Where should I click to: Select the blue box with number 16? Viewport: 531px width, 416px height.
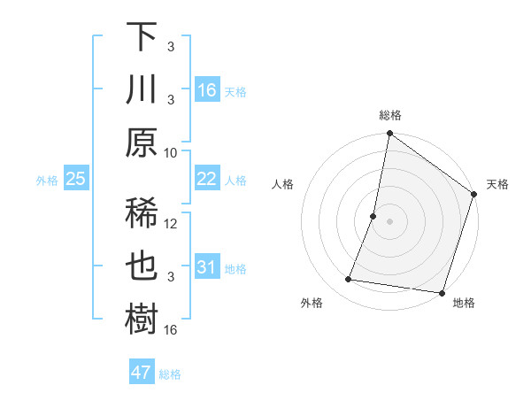207,89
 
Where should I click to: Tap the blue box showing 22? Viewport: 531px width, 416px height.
207,179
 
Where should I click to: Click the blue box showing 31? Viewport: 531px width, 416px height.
207,268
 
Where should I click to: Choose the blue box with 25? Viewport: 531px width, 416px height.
75,179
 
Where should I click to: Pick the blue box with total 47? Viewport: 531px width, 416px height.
142,373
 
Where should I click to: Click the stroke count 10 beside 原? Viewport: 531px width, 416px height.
171,152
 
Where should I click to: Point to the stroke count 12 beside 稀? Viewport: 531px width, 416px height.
172,224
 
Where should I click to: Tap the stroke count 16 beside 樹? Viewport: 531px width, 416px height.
172,330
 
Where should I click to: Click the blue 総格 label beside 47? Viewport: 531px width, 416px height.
170,374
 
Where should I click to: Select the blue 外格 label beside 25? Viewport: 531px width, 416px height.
47,181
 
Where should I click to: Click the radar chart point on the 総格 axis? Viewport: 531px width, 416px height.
389,135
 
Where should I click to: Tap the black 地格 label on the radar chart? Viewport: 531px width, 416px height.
464,304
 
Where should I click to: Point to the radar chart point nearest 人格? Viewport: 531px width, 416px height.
373,216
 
